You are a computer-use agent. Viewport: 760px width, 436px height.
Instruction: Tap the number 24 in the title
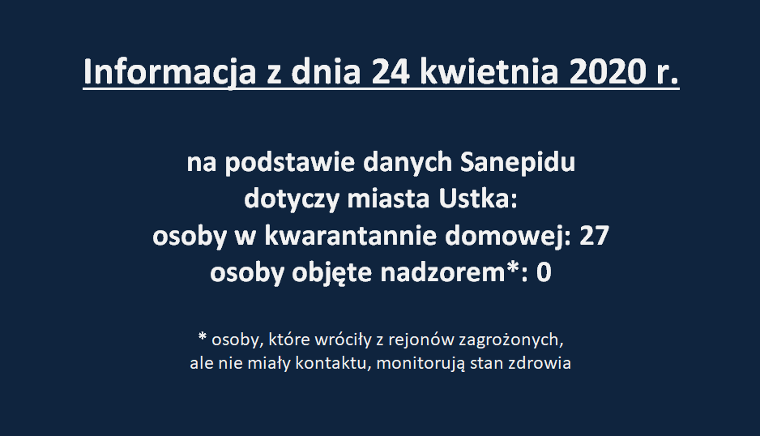pyautogui.click(x=391, y=72)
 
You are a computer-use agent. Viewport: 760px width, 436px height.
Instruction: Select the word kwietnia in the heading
pyautogui.click(x=489, y=72)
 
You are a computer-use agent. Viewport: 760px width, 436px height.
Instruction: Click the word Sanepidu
pyautogui.click(x=517, y=162)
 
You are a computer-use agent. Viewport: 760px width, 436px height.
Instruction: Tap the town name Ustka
pyautogui.click(x=478, y=199)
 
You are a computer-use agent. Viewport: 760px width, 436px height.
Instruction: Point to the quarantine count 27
pyautogui.click(x=594, y=236)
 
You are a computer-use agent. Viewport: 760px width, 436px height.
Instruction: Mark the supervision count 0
pyautogui.click(x=544, y=273)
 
